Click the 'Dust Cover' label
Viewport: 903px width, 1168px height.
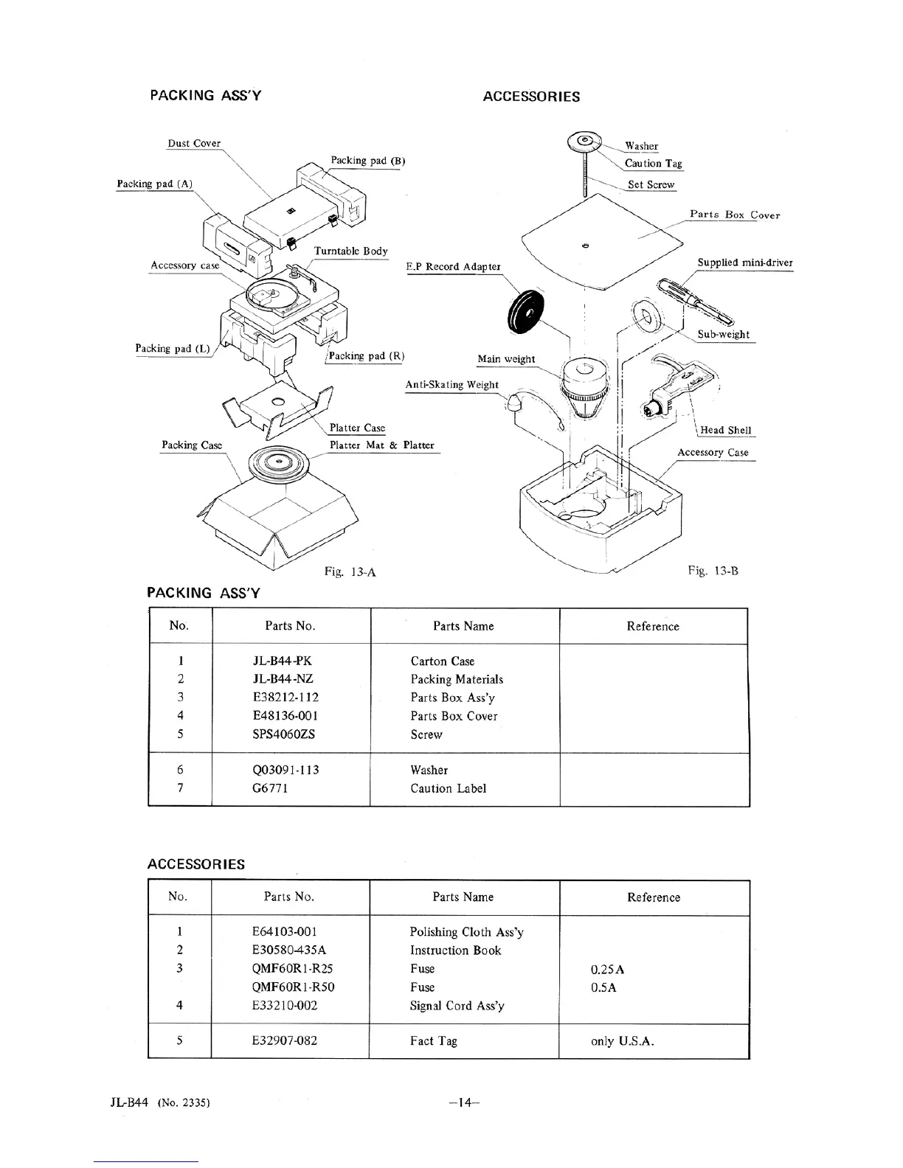pyautogui.click(x=194, y=143)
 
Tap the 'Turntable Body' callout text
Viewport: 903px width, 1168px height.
pyautogui.click(x=350, y=251)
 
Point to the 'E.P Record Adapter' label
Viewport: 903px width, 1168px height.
pyautogui.click(x=453, y=266)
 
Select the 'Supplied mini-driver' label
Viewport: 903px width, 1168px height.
pyautogui.click(x=745, y=263)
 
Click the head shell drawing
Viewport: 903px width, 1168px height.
pyautogui.click(x=674, y=389)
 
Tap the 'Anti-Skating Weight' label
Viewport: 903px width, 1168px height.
pyautogui.click(x=451, y=384)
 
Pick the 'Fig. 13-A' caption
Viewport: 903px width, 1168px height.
pyautogui.click(x=350, y=571)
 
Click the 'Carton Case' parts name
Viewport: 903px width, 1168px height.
pyautogui.click(x=443, y=661)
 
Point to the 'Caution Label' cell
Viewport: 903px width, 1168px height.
pyautogui.click(x=449, y=788)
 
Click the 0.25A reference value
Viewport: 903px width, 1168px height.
pyautogui.click(x=608, y=970)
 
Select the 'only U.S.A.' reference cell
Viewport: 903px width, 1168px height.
pyautogui.click(x=623, y=1041)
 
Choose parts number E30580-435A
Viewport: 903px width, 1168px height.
pyautogui.click(x=289, y=950)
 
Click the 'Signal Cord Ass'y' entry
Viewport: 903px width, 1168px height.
pyautogui.click(x=457, y=1006)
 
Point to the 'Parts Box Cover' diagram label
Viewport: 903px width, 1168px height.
pyautogui.click(x=734, y=215)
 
